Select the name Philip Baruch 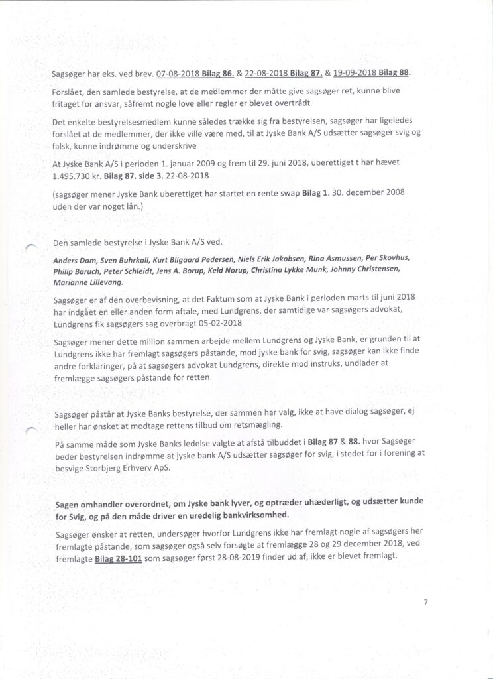(74, 271)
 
